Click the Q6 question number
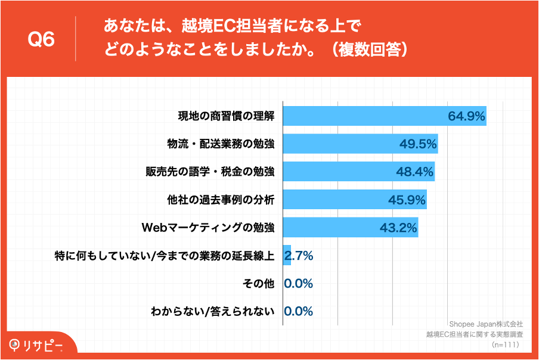(42, 39)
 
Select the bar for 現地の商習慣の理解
(364, 116)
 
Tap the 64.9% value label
(466, 116)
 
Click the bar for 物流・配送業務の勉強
(340, 144)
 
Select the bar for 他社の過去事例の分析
(334, 200)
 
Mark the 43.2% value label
(398, 227)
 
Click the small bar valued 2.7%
(287, 255)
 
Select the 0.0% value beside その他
(299, 283)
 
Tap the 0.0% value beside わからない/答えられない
(299, 311)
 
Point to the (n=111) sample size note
(506, 345)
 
